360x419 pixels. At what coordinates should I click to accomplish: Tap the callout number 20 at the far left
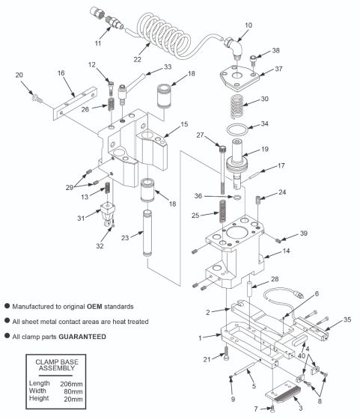pyautogui.click(x=19, y=75)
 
